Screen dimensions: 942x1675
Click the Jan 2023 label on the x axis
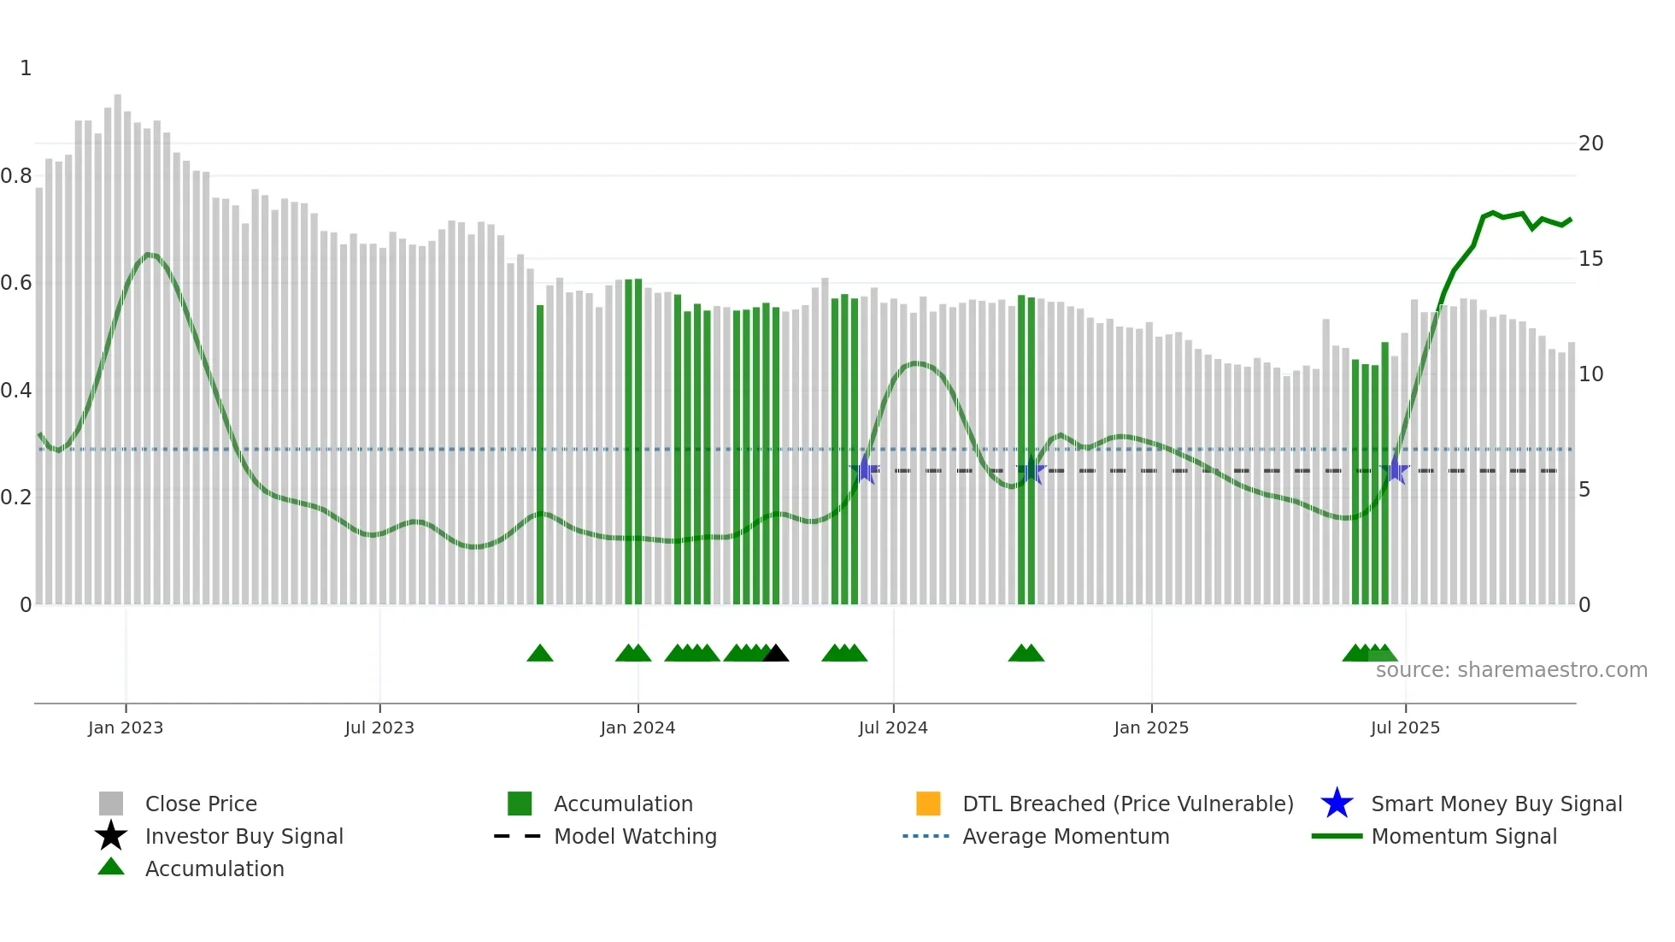125,727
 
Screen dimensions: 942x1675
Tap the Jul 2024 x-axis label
892,727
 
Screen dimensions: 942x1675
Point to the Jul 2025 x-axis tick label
1405,727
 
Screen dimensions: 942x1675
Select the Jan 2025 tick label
1150,727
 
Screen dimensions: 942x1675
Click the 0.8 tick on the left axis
16,176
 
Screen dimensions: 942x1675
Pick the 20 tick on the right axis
1590,144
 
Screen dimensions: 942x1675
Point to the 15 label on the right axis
1590,259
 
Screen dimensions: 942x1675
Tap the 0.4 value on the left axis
16,391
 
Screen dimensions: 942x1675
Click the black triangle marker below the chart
775,654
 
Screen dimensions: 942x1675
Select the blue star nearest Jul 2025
1395,470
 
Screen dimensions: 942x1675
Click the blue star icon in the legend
1337,804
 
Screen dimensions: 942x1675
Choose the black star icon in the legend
111,836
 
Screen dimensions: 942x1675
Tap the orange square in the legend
928,804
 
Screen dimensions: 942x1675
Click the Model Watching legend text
635,836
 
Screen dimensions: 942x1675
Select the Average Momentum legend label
1066,836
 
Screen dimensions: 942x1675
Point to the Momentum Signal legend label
1464,836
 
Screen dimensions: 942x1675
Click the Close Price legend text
201,804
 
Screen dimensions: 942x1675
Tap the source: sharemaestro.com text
1511,670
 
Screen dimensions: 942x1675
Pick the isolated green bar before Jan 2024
540,453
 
